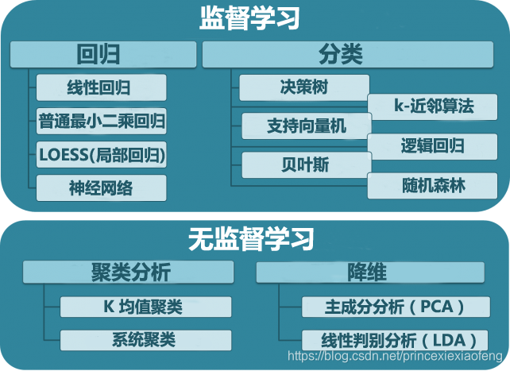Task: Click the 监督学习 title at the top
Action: click(x=249, y=17)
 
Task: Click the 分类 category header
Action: click(x=342, y=55)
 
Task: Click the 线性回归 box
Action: click(x=101, y=87)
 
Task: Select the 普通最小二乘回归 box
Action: click(x=102, y=121)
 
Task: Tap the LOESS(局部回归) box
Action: click(x=102, y=154)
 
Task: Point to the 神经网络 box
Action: click(x=102, y=187)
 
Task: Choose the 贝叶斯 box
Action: click(x=306, y=164)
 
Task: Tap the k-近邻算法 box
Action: click(x=433, y=106)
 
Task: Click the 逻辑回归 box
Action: click(x=433, y=145)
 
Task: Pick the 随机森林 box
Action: click(x=433, y=186)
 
